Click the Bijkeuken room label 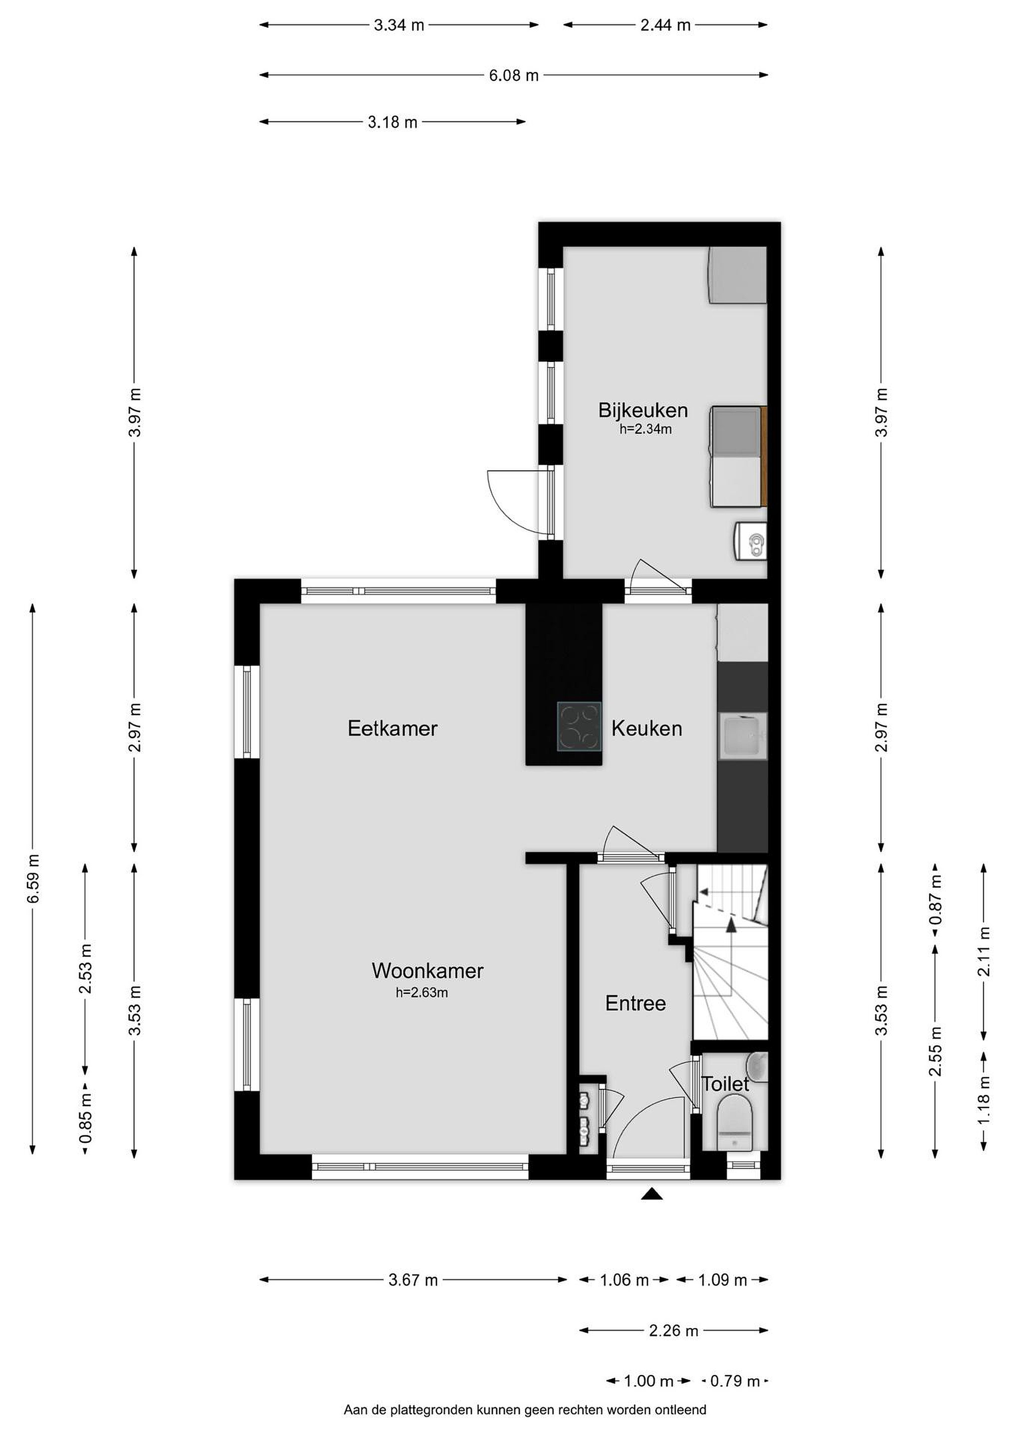tap(642, 410)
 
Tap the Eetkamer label tap(392, 728)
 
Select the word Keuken tap(646, 728)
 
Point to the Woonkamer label tap(427, 971)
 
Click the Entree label tap(635, 1003)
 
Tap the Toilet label tap(725, 1084)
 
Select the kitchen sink tap(743, 736)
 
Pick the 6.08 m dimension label tap(513, 76)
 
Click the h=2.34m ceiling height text tap(645, 429)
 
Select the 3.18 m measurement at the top tap(392, 123)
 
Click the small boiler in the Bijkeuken tap(750, 538)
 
